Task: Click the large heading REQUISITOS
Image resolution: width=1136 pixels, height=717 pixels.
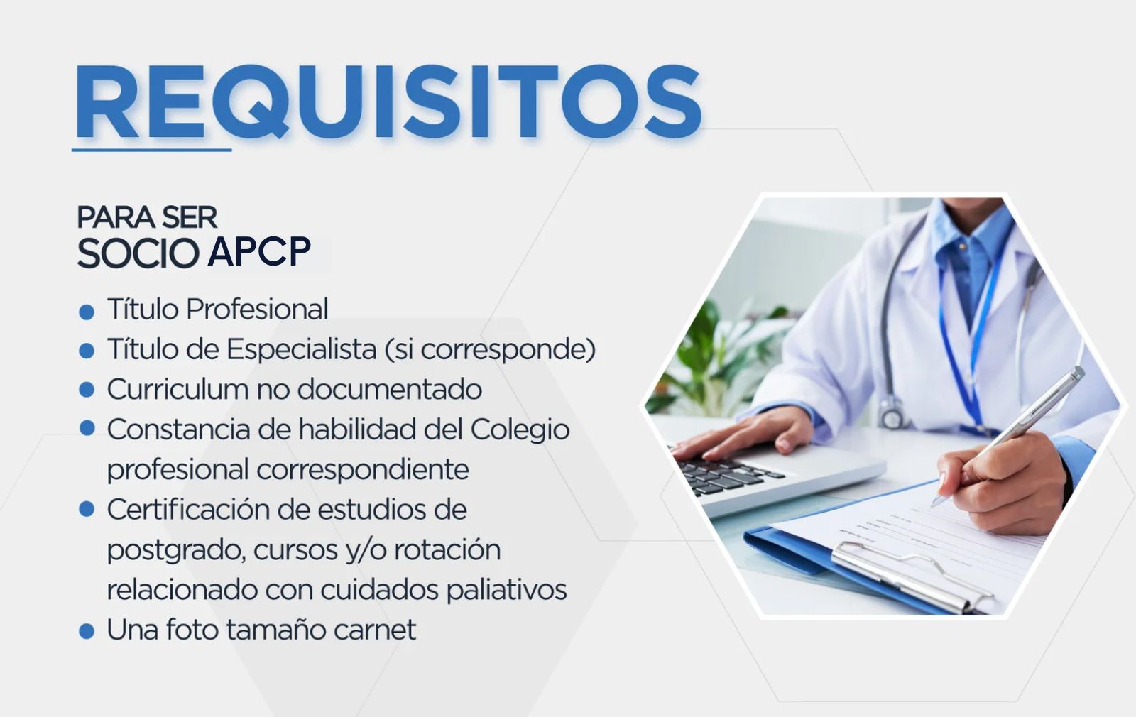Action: (388, 102)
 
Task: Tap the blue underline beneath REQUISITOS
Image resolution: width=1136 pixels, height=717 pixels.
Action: (152, 150)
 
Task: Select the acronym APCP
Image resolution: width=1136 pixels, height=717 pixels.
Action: (259, 251)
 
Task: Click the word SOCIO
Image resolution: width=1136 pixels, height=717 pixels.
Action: (138, 252)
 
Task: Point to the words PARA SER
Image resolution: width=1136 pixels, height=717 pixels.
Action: (147, 217)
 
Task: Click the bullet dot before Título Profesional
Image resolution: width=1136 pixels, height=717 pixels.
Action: (87, 312)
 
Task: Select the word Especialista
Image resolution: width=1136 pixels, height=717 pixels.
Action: (301, 350)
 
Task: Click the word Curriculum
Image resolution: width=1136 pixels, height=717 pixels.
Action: (178, 390)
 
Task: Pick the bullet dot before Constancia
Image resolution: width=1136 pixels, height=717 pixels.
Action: (87, 429)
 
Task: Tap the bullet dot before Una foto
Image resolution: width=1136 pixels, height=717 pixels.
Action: (87, 631)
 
